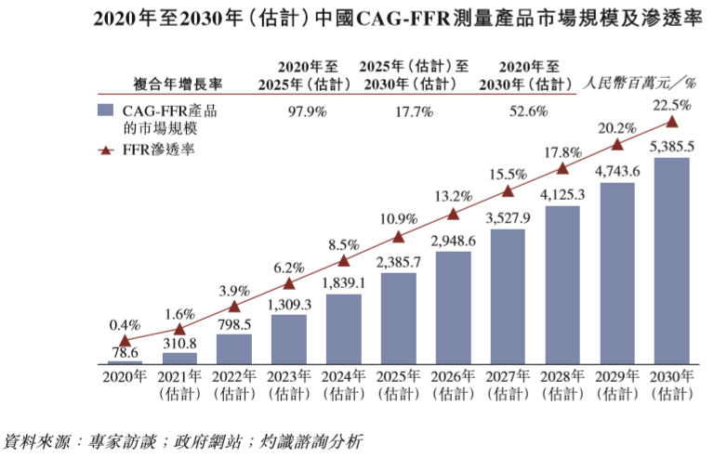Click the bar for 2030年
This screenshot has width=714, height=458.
click(671, 260)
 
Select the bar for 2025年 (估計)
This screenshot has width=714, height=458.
click(399, 317)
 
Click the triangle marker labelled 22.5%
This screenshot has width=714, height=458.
click(672, 122)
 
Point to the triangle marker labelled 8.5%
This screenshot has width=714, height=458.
click(344, 261)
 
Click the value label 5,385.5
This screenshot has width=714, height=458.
click(671, 147)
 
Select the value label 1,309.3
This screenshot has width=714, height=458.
click(289, 304)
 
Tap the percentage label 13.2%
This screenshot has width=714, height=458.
click(453, 196)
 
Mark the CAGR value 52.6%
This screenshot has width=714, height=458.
click(527, 111)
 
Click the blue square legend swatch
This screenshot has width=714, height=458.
click(107, 111)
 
